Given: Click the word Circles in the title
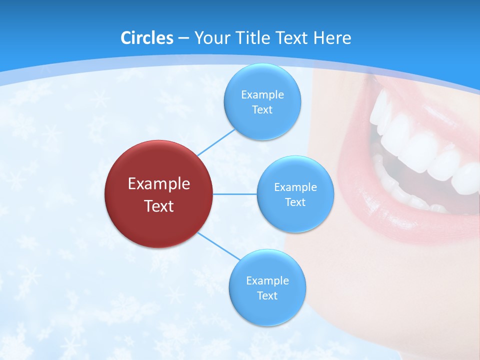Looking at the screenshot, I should [x=146, y=38].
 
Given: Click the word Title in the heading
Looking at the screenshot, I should [x=251, y=38].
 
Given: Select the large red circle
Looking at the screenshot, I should [x=159, y=194].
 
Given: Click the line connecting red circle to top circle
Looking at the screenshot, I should [x=216, y=142].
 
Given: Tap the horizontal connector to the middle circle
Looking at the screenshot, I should [x=235, y=194].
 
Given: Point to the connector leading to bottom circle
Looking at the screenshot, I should [x=219, y=246].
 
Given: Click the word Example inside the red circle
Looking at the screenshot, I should [x=159, y=183].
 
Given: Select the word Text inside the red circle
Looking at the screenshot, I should [x=159, y=205].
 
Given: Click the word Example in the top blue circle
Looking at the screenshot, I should [x=262, y=94].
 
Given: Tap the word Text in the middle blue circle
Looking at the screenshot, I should [x=295, y=202].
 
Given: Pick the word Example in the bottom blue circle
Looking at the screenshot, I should [x=267, y=280].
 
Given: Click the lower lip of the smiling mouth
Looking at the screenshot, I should [x=400, y=225].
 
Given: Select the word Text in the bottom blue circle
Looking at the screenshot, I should [x=267, y=295].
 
